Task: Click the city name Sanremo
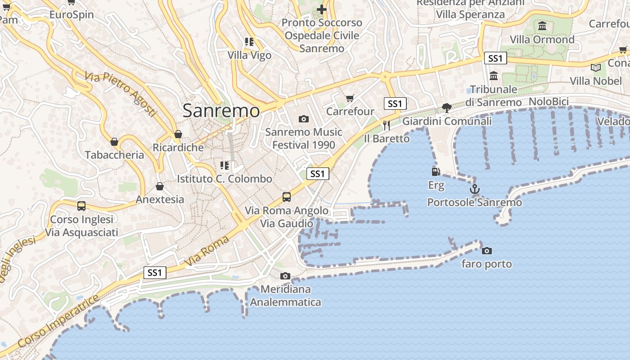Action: coord(221,111)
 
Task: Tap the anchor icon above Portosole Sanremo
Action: coord(474,189)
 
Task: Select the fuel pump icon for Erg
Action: coord(436,172)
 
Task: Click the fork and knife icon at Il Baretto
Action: coord(386,125)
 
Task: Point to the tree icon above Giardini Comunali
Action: coord(446,108)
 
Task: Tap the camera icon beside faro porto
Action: coord(486,251)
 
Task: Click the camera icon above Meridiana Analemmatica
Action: coord(285,276)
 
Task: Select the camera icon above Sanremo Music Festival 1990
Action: coord(304,119)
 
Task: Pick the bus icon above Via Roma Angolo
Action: coord(286,197)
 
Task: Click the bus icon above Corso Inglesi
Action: coord(81,206)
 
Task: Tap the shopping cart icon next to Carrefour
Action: coord(350,98)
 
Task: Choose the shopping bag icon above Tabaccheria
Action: coord(114,142)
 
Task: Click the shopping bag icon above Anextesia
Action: coord(160,186)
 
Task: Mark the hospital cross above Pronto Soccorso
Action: coord(321,9)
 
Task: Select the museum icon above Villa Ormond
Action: coord(542,26)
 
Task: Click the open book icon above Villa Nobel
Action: coord(595,67)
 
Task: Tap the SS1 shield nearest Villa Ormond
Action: coord(495,58)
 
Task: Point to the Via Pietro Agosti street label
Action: coord(120,94)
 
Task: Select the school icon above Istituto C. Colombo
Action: coord(224,166)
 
